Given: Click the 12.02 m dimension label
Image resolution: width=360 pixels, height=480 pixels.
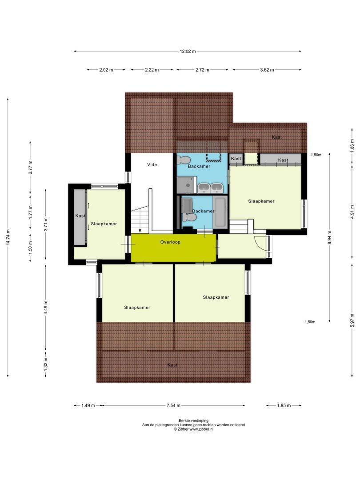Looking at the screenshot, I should [188, 51].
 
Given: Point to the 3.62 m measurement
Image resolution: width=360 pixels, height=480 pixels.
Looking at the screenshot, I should [266, 70].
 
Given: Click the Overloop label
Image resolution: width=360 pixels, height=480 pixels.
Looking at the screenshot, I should [171, 243].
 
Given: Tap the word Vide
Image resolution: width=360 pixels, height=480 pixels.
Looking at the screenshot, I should [152, 164].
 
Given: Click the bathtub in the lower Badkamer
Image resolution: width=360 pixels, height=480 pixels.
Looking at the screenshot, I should [220, 212].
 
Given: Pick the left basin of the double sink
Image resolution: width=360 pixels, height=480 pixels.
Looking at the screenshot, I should [204, 188].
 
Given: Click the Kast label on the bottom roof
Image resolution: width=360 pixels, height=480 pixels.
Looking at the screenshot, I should [172, 365].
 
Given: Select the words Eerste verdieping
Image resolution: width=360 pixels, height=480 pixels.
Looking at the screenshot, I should [193, 420].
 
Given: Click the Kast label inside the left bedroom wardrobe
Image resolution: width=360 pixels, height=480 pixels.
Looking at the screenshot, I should [80, 216].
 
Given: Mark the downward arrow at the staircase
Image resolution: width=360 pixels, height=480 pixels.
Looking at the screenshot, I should [140, 230].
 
